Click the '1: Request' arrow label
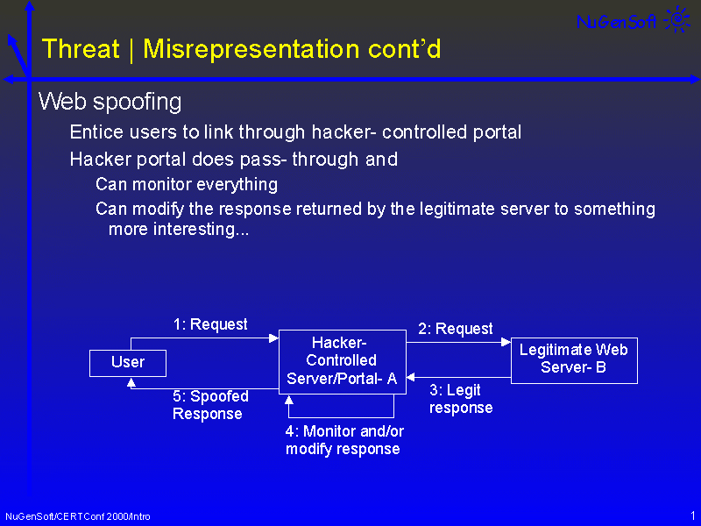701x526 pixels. pyautogui.click(x=210, y=324)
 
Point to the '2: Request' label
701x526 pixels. pyautogui.click(x=455, y=329)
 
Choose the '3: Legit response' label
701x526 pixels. pyautogui.click(x=461, y=399)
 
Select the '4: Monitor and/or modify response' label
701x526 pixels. pyautogui.click(x=344, y=440)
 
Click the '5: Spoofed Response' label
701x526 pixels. pyautogui.click(x=210, y=405)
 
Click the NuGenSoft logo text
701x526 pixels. pyautogui.click(x=616, y=21)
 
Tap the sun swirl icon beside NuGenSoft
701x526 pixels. pyautogui.click(x=678, y=19)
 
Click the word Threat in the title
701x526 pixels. pyautogui.click(x=81, y=49)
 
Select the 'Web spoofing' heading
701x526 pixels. pyautogui.click(x=110, y=102)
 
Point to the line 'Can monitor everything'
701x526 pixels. pyautogui.click(x=187, y=185)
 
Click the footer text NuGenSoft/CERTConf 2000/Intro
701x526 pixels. pyautogui.click(x=78, y=516)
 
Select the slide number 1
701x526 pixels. pyautogui.click(x=693, y=515)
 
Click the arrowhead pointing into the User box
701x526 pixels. pyautogui.click(x=131, y=382)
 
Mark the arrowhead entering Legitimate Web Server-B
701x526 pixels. pyautogui.click(x=506, y=342)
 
